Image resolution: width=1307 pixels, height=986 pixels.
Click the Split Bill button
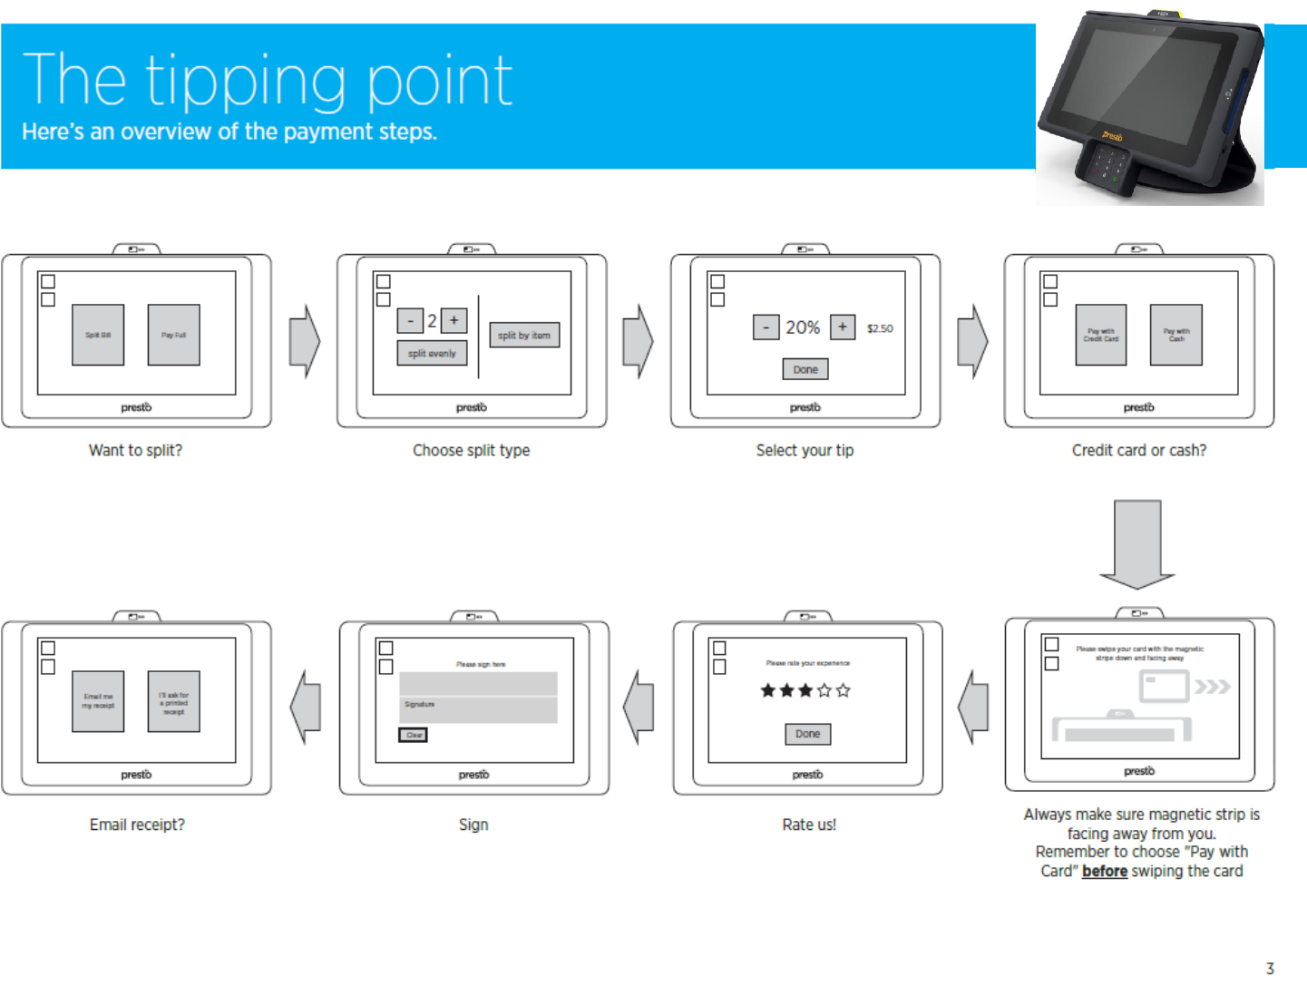(x=98, y=335)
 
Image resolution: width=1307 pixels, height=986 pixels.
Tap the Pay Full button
(x=173, y=335)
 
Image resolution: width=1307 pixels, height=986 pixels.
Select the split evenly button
(x=432, y=353)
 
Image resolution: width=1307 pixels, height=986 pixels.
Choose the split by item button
(x=524, y=335)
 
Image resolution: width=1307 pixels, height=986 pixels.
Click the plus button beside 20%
(x=843, y=327)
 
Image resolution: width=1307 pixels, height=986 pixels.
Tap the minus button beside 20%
(x=766, y=327)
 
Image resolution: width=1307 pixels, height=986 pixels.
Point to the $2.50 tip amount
(x=880, y=328)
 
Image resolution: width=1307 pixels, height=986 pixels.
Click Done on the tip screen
(x=805, y=369)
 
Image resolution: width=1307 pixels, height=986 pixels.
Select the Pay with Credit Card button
(x=1101, y=335)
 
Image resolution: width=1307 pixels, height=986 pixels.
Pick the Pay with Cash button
(x=1176, y=335)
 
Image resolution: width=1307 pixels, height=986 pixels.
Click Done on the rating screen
(x=807, y=734)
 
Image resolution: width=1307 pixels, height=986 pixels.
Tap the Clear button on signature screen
(x=414, y=735)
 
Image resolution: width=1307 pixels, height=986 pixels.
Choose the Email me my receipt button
(x=98, y=701)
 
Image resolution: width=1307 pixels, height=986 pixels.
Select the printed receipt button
(x=173, y=701)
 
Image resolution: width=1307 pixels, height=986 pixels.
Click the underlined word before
(x=1105, y=871)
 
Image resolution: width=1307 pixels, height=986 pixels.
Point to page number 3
(x=1270, y=969)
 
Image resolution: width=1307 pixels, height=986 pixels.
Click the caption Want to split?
(x=135, y=450)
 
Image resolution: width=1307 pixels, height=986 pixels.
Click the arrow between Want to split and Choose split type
(x=305, y=341)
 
